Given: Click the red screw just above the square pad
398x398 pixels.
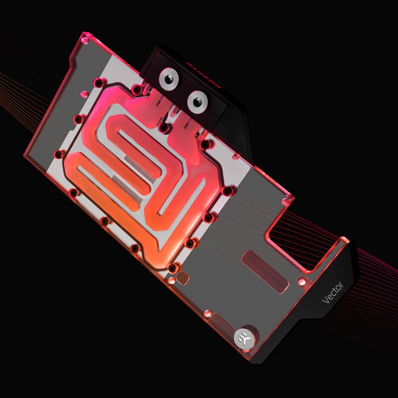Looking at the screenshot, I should pyautogui.click(x=172, y=268).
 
